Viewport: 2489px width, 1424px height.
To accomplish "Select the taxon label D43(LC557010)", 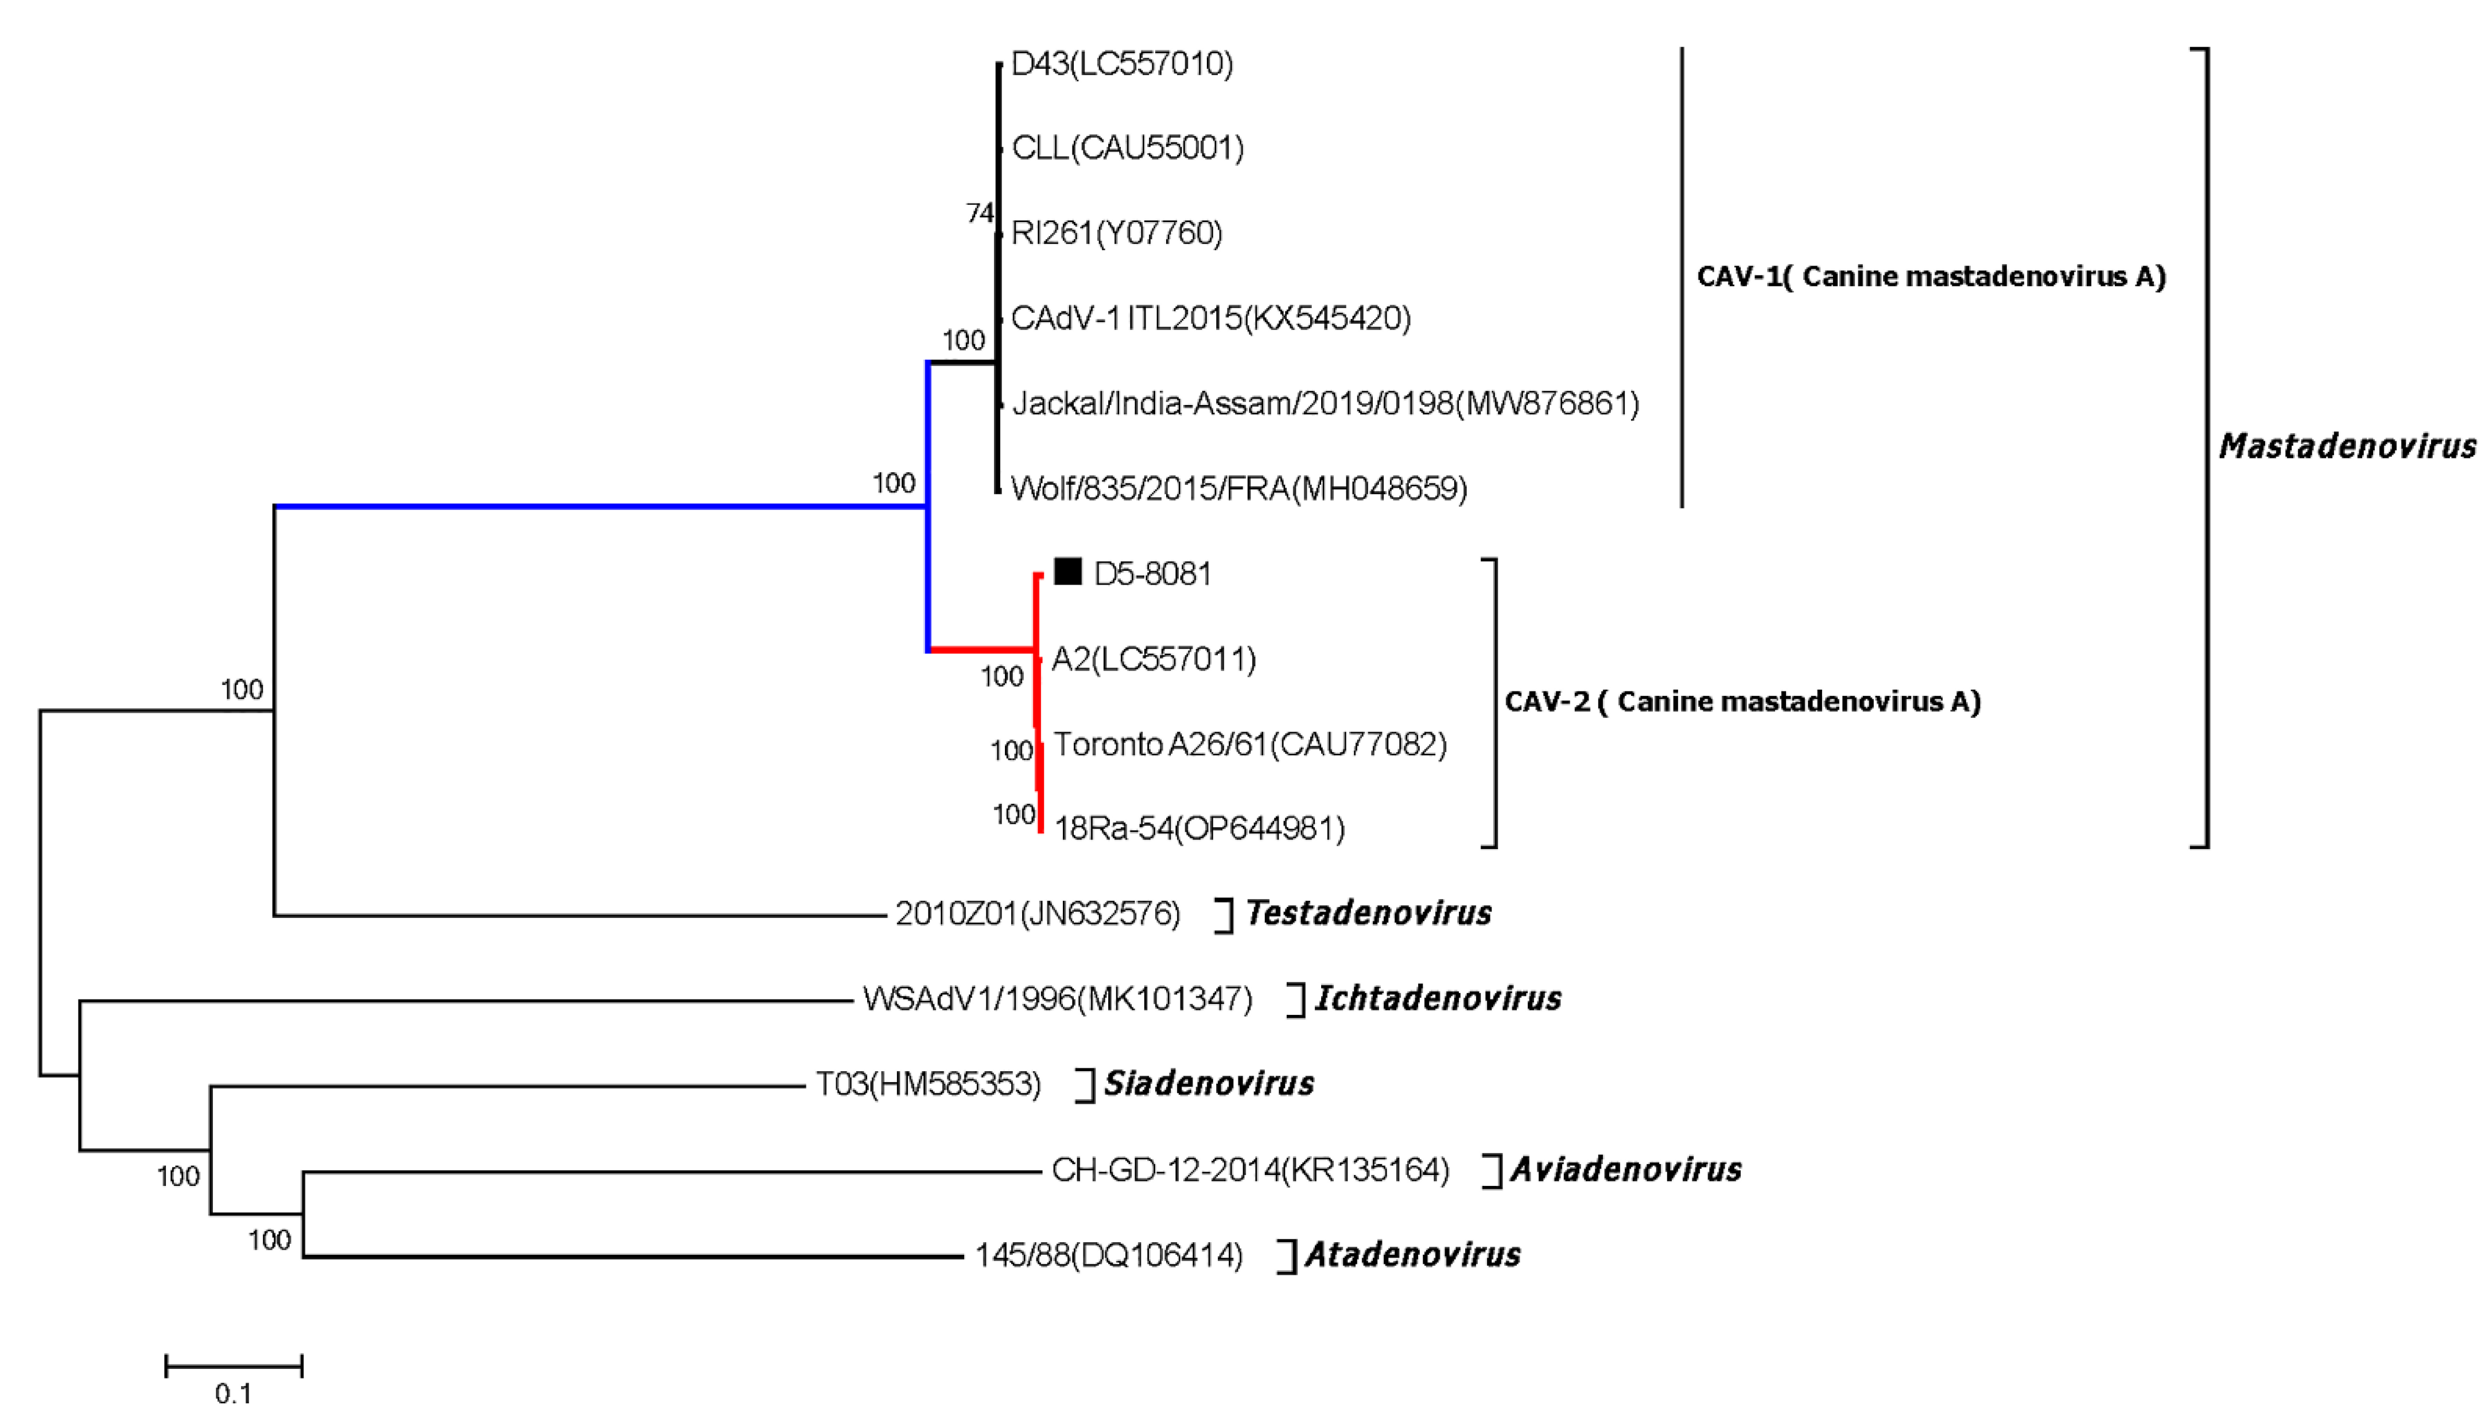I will tap(1122, 64).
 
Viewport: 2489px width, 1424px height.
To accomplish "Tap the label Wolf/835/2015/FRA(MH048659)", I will tap(1238, 488).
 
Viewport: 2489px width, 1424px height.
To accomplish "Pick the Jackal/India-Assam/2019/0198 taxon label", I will tap(1325, 403).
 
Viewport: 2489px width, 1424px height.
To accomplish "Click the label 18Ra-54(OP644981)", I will tap(1199, 828).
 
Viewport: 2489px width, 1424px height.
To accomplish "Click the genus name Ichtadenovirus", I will tap(1438, 998).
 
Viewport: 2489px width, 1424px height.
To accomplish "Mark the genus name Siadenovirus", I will tap(1209, 1083).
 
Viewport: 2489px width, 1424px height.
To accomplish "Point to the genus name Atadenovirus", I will tap(1413, 1254).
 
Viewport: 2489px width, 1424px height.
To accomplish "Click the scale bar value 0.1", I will tap(233, 1392).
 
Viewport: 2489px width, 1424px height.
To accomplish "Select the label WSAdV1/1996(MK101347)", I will tap(1057, 998).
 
